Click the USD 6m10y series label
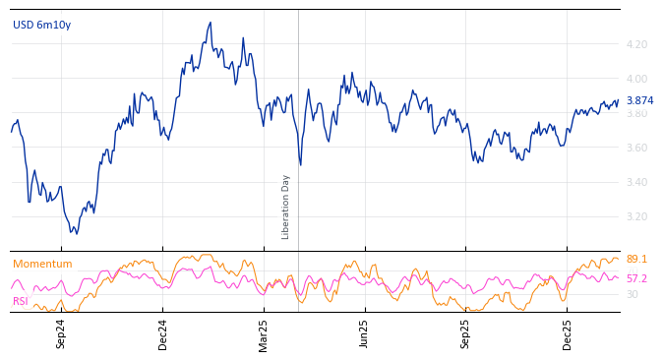click(x=41, y=25)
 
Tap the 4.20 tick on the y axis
click(x=636, y=44)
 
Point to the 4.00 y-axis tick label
click(x=636, y=79)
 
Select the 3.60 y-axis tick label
click(x=636, y=148)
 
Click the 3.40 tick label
click(x=636, y=182)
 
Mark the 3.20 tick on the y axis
click(x=636, y=216)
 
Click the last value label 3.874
click(x=639, y=100)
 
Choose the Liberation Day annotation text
click(x=286, y=207)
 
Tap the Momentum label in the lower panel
click(x=42, y=264)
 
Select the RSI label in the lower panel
click(x=21, y=301)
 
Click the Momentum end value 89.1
click(x=636, y=260)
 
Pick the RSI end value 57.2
click(x=636, y=278)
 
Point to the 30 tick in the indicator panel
click(x=633, y=294)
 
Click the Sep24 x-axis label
click(x=61, y=333)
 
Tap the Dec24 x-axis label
click(x=163, y=333)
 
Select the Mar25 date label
click(x=264, y=333)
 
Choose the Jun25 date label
click(x=365, y=333)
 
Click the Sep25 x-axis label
click(x=466, y=333)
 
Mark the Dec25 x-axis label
click(x=568, y=333)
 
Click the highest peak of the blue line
click(x=211, y=23)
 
